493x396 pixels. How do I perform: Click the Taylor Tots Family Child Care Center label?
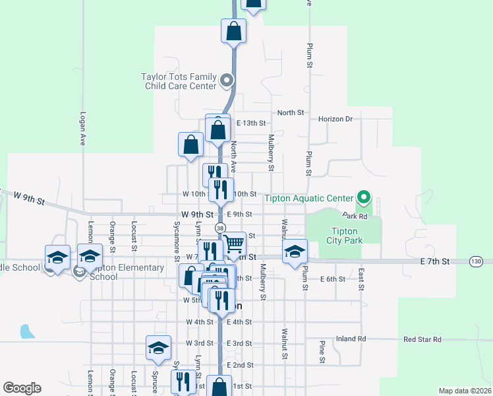[179, 81]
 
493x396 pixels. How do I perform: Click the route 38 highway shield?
[220, 228]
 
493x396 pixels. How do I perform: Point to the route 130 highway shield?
[477, 261]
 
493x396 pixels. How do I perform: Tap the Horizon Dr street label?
[335, 119]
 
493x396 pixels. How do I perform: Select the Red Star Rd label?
[422, 339]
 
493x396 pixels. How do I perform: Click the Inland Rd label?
[351, 339]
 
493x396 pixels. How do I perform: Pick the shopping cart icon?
[234, 244]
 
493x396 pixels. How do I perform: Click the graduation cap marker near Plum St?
[295, 251]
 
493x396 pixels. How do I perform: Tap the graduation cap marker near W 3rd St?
[158, 347]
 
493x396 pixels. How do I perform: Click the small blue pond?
[27, 331]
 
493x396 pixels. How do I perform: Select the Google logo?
[22, 388]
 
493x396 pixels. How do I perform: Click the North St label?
[290, 113]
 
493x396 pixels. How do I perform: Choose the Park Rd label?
[354, 216]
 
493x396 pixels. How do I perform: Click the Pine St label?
[322, 351]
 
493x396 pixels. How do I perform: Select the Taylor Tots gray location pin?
[227, 81]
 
